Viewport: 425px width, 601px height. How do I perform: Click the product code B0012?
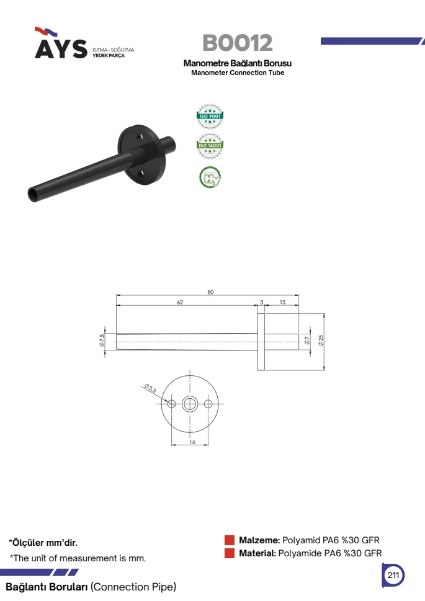[x=238, y=43]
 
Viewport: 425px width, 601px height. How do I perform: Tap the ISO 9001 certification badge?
[x=210, y=116]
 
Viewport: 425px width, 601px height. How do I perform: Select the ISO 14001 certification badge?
[x=210, y=146]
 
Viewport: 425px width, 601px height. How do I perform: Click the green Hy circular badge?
[x=210, y=177]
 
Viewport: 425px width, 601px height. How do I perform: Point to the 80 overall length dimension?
[x=210, y=292]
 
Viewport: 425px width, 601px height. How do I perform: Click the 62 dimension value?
[x=180, y=302]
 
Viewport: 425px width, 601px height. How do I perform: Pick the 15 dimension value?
[x=283, y=302]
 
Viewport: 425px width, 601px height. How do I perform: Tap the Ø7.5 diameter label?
[x=102, y=341]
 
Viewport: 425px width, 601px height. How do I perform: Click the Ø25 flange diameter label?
[x=321, y=341]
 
